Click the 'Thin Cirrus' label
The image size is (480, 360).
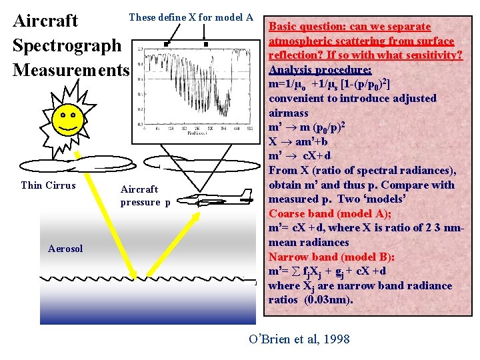click(48, 185)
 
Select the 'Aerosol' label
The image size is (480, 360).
click(65, 249)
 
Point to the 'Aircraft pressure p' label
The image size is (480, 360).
click(145, 196)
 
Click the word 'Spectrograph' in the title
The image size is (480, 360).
click(67, 45)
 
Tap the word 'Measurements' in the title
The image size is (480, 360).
click(70, 69)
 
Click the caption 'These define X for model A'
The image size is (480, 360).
click(191, 17)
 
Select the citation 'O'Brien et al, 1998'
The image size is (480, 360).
click(299, 339)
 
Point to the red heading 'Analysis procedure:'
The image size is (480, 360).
click(320, 69)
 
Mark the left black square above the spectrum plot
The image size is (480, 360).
click(164, 45)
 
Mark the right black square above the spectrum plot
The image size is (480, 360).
click(206, 45)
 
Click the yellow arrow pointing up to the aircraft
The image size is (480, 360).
click(193, 247)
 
